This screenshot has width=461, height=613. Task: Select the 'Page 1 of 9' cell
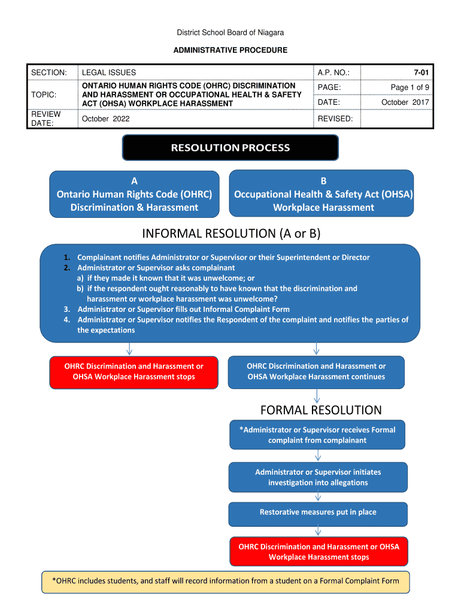pos(410,87)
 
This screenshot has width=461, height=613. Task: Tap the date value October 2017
pos(405,102)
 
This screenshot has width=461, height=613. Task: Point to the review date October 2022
pos(106,119)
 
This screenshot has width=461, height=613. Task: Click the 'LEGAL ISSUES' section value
pos(109,72)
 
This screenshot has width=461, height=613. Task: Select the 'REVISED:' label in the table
pos(335,119)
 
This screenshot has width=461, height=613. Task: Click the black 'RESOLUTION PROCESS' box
pos(230,147)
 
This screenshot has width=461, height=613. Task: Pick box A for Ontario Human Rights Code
pos(134,194)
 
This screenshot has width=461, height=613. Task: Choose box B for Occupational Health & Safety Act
pos(323,194)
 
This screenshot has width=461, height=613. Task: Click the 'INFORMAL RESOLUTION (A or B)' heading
pos(230,233)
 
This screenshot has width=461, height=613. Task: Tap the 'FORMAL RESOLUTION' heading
pos(321,410)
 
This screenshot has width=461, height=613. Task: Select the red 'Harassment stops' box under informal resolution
pos(134,372)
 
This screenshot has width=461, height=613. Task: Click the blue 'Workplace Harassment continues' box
pos(316,372)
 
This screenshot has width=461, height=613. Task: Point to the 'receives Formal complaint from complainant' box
pos(317,435)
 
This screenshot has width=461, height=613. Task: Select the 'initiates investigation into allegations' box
pos(318,477)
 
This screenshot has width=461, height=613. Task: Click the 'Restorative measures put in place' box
pos(318,512)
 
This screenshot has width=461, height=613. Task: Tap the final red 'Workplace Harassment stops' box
pos(319,552)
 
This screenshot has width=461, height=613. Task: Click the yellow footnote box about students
pos(226,581)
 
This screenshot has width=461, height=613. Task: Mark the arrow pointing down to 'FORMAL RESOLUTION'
pos(317,396)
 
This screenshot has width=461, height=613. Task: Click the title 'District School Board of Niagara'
pos(230,32)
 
